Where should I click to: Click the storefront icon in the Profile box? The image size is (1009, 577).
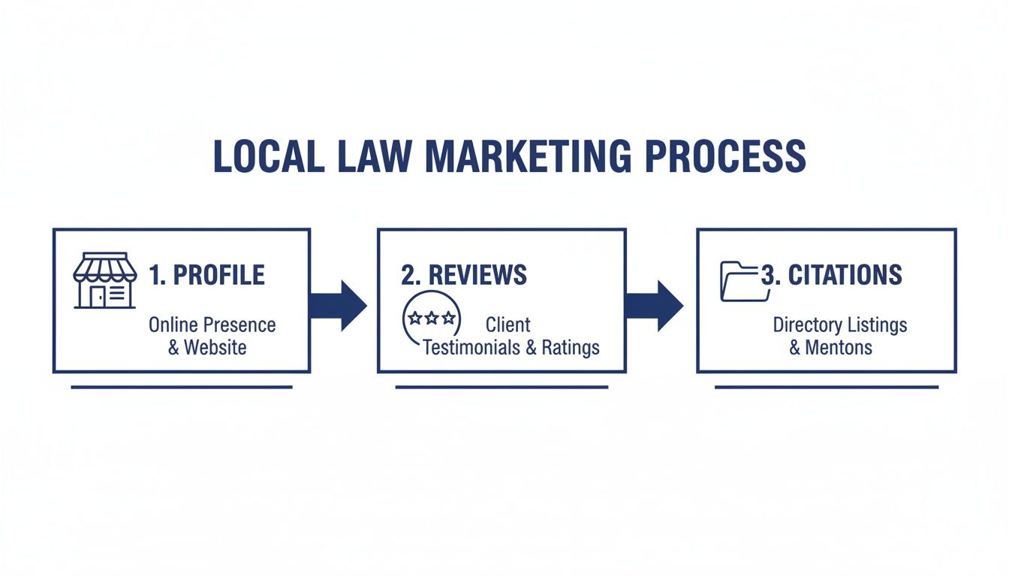pyautogui.click(x=105, y=280)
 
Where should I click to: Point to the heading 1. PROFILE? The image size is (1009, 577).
pyautogui.click(x=207, y=275)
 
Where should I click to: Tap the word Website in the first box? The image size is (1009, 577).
pyautogui.click(x=215, y=348)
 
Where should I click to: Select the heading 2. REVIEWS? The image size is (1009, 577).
pyautogui.click(x=464, y=275)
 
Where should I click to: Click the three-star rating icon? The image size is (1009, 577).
pyautogui.click(x=431, y=319)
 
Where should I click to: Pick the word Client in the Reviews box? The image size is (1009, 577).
pyautogui.click(x=508, y=325)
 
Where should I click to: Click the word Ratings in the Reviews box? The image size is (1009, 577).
pyautogui.click(x=571, y=348)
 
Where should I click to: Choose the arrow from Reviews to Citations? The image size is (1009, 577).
pyautogui.click(x=655, y=305)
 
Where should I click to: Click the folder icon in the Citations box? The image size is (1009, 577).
pyautogui.click(x=742, y=282)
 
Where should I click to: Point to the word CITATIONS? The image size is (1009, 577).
pyautogui.click(x=845, y=275)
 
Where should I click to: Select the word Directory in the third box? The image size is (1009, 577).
pyautogui.click(x=804, y=325)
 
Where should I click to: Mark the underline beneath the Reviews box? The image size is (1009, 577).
pyautogui.click(x=501, y=388)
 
